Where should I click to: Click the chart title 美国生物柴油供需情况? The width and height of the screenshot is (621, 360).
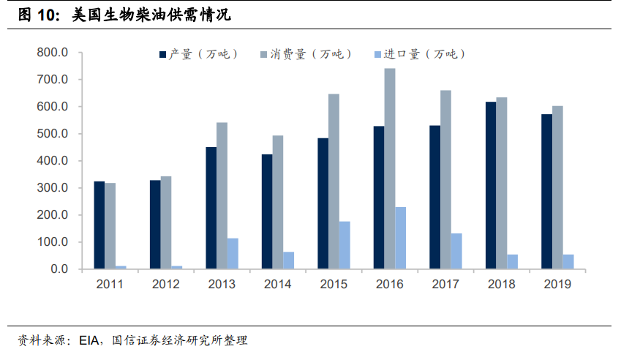click(157, 15)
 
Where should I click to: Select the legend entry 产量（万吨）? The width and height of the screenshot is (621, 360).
click(198, 53)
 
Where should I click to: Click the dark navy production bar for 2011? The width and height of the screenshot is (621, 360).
click(99, 225)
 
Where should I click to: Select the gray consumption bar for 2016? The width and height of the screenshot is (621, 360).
click(390, 168)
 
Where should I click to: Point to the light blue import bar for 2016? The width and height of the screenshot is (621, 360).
click(400, 238)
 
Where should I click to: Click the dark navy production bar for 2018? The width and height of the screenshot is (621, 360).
click(491, 185)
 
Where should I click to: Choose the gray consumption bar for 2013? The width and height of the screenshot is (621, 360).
click(222, 195)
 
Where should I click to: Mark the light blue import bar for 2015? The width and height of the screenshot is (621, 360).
click(345, 245)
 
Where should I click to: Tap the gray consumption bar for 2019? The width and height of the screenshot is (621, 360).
click(557, 187)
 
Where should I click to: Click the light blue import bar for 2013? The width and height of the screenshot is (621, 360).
click(233, 253)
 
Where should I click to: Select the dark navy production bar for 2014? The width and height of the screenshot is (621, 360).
click(267, 211)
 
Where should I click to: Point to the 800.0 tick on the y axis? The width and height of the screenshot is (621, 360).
click(53, 53)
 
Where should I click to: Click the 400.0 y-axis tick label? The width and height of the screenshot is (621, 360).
click(53, 161)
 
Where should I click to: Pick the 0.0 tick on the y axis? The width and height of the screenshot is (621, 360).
click(58, 269)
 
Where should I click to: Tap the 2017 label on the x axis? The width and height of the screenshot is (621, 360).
click(445, 285)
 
